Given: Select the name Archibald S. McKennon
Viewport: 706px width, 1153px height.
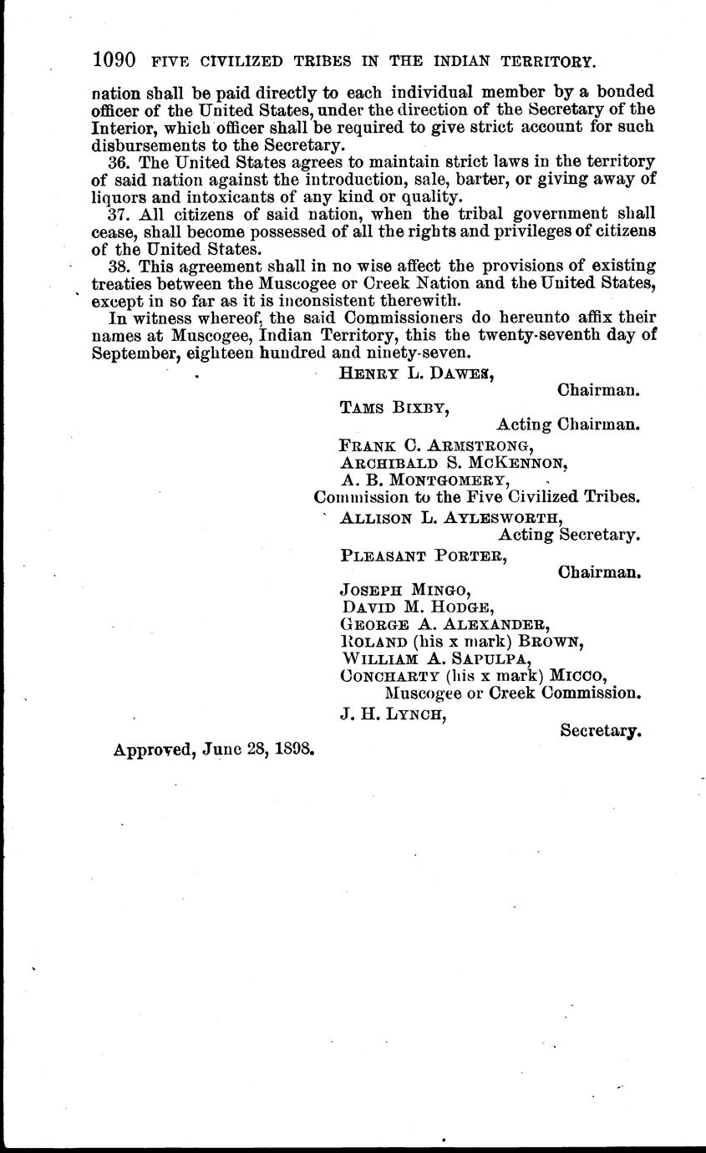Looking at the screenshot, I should [x=455, y=462].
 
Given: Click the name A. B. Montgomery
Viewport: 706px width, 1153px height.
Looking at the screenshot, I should [x=424, y=480].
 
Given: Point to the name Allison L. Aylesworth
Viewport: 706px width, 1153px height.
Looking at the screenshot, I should [x=451, y=517].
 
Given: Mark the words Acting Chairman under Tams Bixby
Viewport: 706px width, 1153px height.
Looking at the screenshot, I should [x=568, y=424].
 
